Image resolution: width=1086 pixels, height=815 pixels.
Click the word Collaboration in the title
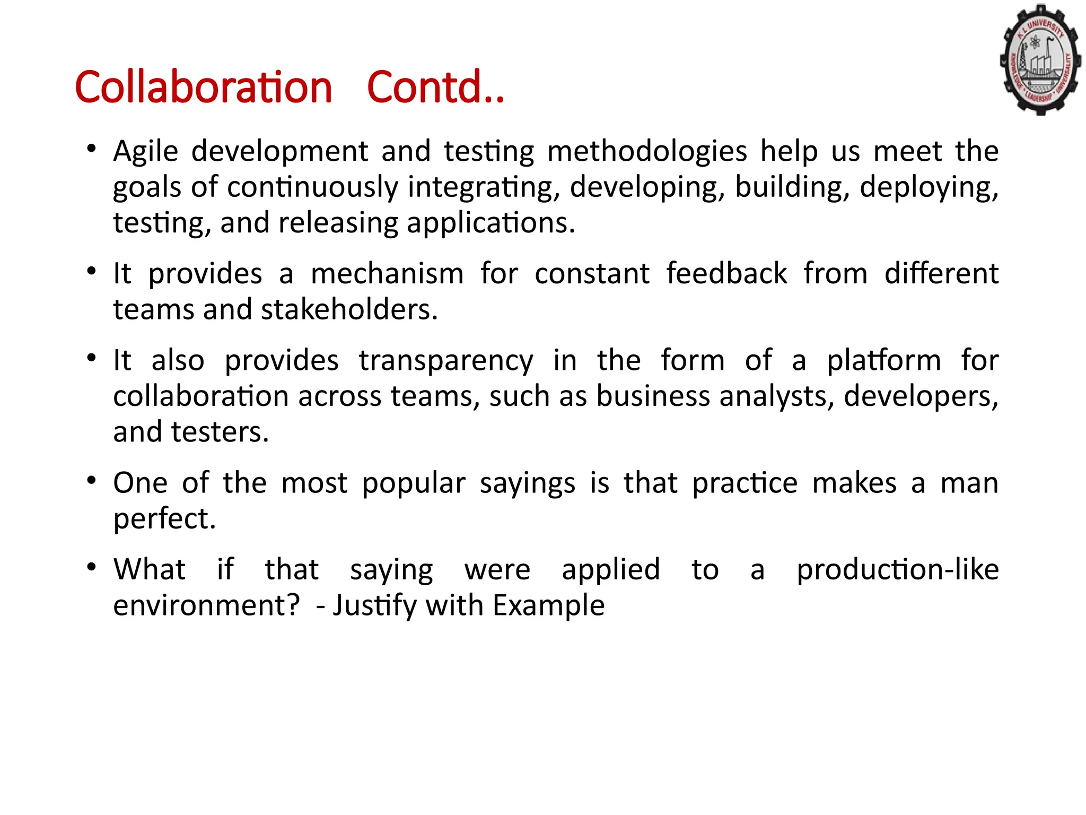coord(203,87)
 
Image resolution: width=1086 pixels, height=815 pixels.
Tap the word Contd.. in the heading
coord(435,87)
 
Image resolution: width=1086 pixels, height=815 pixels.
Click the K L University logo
coord(1040,59)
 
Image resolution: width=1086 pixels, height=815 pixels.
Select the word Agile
coord(145,152)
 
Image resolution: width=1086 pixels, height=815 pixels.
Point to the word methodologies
coord(647,152)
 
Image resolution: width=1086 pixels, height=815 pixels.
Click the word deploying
coord(929,187)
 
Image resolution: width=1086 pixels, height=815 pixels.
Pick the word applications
coord(491,223)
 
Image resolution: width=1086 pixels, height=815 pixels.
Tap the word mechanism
coord(387,274)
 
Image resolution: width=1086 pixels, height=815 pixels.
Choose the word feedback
coord(726,274)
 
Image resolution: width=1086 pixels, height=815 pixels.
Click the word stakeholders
coord(349,309)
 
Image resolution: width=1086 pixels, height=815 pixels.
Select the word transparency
coord(446,361)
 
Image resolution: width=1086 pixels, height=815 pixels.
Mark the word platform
coord(884,361)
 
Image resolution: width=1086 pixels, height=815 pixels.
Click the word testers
coord(220,432)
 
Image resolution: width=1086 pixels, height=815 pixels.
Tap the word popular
coord(414,483)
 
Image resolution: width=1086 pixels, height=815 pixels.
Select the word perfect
coord(164,519)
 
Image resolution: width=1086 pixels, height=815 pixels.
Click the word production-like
coord(898,570)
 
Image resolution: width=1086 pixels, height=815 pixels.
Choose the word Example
coord(548,605)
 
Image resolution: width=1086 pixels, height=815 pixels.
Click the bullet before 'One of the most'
coord(92,481)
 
